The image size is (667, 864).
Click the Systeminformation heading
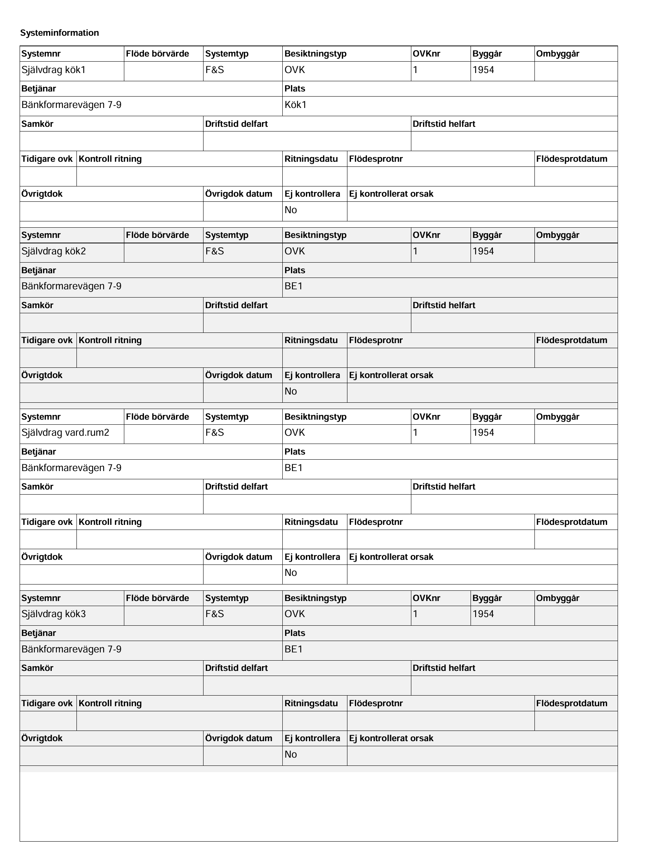click(60, 33)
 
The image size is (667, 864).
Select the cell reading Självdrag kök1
click(54, 70)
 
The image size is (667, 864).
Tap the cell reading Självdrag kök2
click(54, 252)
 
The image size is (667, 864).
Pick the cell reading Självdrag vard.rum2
click(65, 433)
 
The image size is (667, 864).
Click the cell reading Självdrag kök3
click(54, 614)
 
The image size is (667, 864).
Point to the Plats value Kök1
click(296, 105)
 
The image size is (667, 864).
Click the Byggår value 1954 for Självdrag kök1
click(483, 70)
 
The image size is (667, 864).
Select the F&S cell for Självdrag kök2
click(214, 252)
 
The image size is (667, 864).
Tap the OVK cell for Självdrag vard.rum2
click(295, 433)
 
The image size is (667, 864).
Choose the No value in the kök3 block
click(291, 754)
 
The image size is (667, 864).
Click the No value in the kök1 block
click(291, 210)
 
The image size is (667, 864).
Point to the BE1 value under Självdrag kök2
click(294, 287)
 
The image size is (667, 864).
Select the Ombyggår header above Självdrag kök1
click(558, 54)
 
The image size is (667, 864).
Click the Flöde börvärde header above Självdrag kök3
click(158, 598)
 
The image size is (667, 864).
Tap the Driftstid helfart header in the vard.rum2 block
click(444, 487)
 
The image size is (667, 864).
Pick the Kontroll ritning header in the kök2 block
click(110, 340)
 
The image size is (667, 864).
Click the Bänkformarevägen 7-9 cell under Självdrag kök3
click(71, 649)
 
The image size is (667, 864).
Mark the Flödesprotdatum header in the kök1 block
click(571, 159)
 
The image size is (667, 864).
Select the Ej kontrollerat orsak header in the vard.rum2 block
click(391, 557)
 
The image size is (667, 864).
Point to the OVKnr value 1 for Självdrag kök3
click(415, 614)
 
